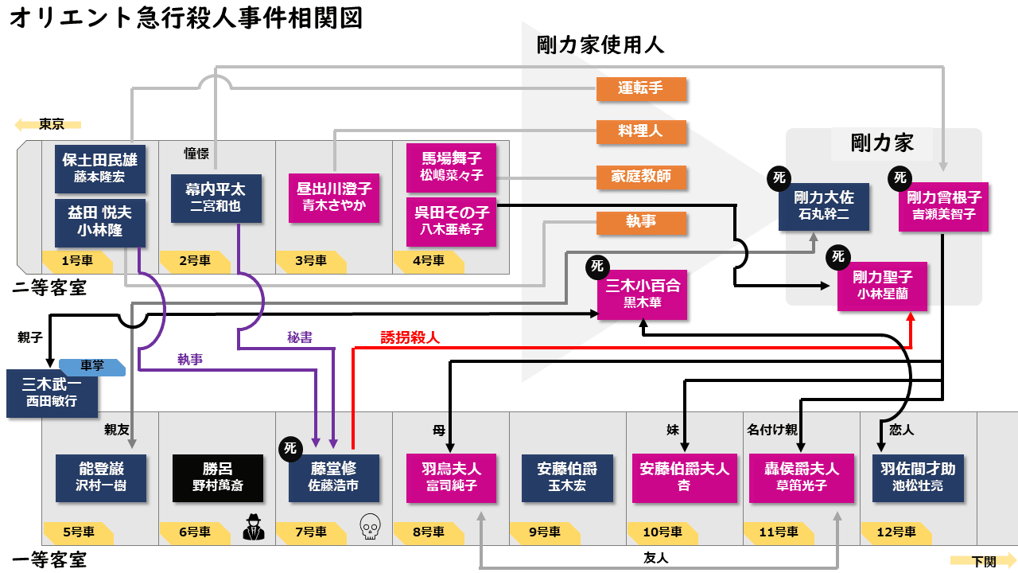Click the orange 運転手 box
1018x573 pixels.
click(641, 88)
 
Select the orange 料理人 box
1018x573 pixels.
click(641, 131)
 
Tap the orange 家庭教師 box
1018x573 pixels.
click(641, 177)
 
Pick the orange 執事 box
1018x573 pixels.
click(641, 222)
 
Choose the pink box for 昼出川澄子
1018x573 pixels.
click(334, 198)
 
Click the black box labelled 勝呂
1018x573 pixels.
click(218, 477)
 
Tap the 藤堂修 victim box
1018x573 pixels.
click(334, 477)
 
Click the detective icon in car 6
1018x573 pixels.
click(254, 527)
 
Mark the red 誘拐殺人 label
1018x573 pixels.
click(410, 337)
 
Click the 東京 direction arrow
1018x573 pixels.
click(49, 124)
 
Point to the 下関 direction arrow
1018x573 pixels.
click(983, 560)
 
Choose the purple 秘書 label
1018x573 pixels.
click(300, 337)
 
